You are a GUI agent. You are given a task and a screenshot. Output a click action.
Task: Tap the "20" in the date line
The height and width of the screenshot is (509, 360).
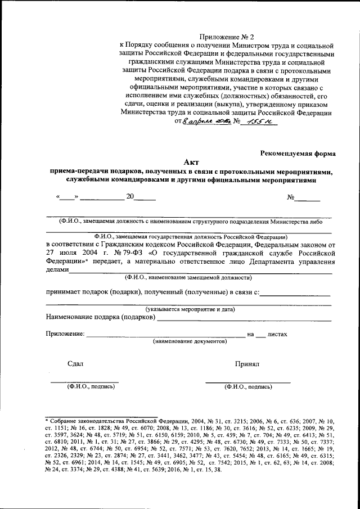tap(130, 197)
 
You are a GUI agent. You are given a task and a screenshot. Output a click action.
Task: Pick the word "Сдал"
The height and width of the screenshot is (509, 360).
tap(75, 364)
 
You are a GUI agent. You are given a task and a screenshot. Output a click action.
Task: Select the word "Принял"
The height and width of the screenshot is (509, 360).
tap(247, 364)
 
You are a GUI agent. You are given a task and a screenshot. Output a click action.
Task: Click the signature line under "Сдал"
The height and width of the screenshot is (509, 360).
tap(84, 382)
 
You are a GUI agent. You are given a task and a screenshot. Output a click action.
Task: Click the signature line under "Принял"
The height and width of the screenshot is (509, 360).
tap(247, 382)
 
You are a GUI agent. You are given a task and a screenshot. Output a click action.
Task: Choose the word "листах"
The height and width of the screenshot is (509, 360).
tap(277, 334)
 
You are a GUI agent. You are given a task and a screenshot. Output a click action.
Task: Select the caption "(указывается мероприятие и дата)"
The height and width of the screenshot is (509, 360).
tap(190, 309)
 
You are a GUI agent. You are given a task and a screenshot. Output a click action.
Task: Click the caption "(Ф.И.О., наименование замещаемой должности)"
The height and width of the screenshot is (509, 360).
tap(188, 277)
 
